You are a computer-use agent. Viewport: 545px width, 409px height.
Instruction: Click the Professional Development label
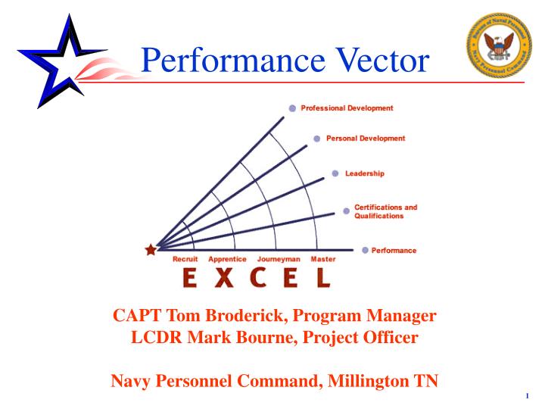[x=347, y=108]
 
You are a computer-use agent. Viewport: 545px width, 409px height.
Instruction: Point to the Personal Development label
[x=365, y=139]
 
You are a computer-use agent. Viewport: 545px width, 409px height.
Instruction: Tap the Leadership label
[x=365, y=173]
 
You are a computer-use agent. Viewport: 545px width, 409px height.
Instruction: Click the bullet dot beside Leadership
[x=335, y=173]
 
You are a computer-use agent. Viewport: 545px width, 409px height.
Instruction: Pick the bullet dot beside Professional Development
[x=292, y=108]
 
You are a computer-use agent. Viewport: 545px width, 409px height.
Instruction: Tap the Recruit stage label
[x=185, y=259]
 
